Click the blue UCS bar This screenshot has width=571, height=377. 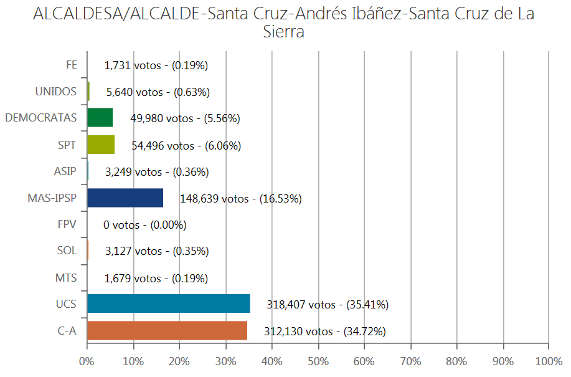click(x=168, y=303)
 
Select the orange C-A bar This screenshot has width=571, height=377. click(x=167, y=330)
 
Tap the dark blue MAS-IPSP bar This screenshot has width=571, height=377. click(x=125, y=198)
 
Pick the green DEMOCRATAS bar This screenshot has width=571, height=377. click(x=100, y=117)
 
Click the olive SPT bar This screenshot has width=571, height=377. click(x=100, y=145)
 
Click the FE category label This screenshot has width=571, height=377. click(x=71, y=64)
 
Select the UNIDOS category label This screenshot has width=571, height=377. click(x=56, y=91)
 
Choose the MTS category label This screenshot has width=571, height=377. click(x=66, y=277)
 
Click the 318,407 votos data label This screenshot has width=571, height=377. click(x=328, y=305)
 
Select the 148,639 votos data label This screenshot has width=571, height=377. click(x=241, y=199)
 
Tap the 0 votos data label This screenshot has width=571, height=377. click(x=144, y=225)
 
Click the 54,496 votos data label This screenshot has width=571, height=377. click(x=186, y=146)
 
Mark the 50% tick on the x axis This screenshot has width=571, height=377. click(x=318, y=361)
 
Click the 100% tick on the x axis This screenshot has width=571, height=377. click(x=548, y=361)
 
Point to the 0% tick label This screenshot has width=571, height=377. click(x=87, y=361)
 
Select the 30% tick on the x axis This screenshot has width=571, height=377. click(x=225, y=361)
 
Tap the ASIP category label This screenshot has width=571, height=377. click(x=66, y=171)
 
